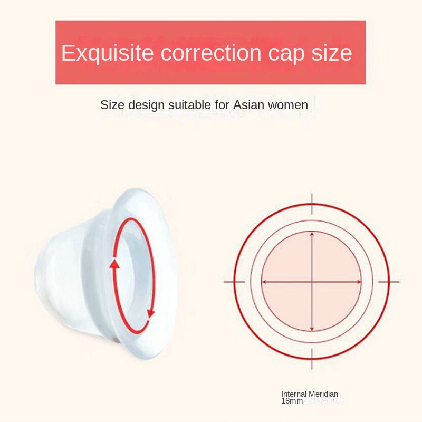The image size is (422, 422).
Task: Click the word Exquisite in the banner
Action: tap(108, 53)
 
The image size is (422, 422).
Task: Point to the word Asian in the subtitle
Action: tap(248, 105)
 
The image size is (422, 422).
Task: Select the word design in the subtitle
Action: tap(147, 105)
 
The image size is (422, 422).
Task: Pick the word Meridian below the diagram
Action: tap(323, 394)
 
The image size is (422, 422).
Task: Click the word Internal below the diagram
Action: tap(294, 394)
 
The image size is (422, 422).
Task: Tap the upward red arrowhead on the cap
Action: tap(114, 263)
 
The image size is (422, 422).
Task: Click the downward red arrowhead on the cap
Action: tap(151, 313)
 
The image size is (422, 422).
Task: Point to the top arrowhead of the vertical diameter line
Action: tap(312, 234)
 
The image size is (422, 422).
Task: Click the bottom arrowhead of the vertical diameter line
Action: tap(312, 329)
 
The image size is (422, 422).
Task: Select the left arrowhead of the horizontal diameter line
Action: tap(264, 282)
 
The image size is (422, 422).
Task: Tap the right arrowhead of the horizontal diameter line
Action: tap(359, 282)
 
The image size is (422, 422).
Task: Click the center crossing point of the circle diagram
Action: tap(312, 282)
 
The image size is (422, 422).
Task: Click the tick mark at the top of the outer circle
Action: tap(312, 204)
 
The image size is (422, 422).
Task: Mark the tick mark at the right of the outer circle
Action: tap(389, 282)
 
